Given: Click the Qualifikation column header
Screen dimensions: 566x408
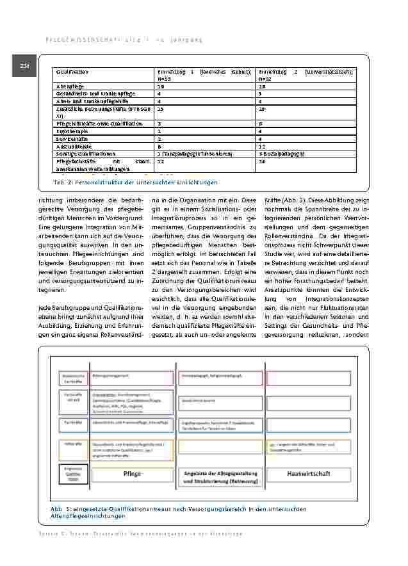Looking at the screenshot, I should pos(72,72).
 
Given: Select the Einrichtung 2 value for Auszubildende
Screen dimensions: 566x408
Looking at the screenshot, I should pos(261,146).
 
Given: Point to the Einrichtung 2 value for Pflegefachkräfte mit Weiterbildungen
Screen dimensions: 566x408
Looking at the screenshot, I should pos(261,162).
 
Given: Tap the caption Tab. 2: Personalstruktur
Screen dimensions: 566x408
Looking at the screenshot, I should pos(136,182).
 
